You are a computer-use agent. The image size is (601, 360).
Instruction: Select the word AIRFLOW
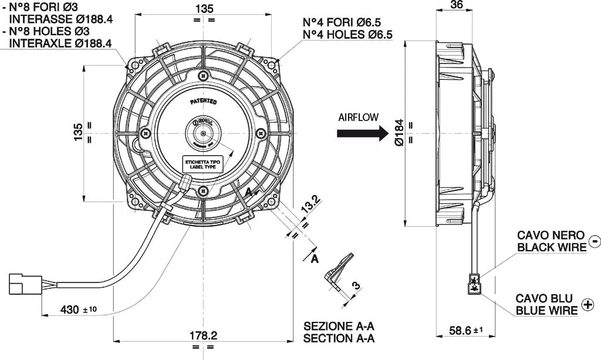click(x=359, y=117)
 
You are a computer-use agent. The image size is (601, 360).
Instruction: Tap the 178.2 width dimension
click(x=204, y=335)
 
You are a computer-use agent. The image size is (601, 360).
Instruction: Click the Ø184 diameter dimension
click(x=399, y=133)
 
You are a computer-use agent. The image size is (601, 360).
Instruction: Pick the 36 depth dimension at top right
click(x=457, y=5)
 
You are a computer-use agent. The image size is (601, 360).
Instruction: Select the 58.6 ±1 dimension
click(x=461, y=331)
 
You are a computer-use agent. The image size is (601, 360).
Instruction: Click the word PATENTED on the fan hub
click(x=203, y=101)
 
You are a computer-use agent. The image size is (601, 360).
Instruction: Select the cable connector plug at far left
click(x=22, y=282)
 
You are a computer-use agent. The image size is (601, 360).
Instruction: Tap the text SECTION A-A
click(x=339, y=338)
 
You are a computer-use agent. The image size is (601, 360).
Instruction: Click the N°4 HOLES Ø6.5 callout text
click(x=347, y=35)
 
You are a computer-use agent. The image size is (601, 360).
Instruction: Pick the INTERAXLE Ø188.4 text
click(x=60, y=43)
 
